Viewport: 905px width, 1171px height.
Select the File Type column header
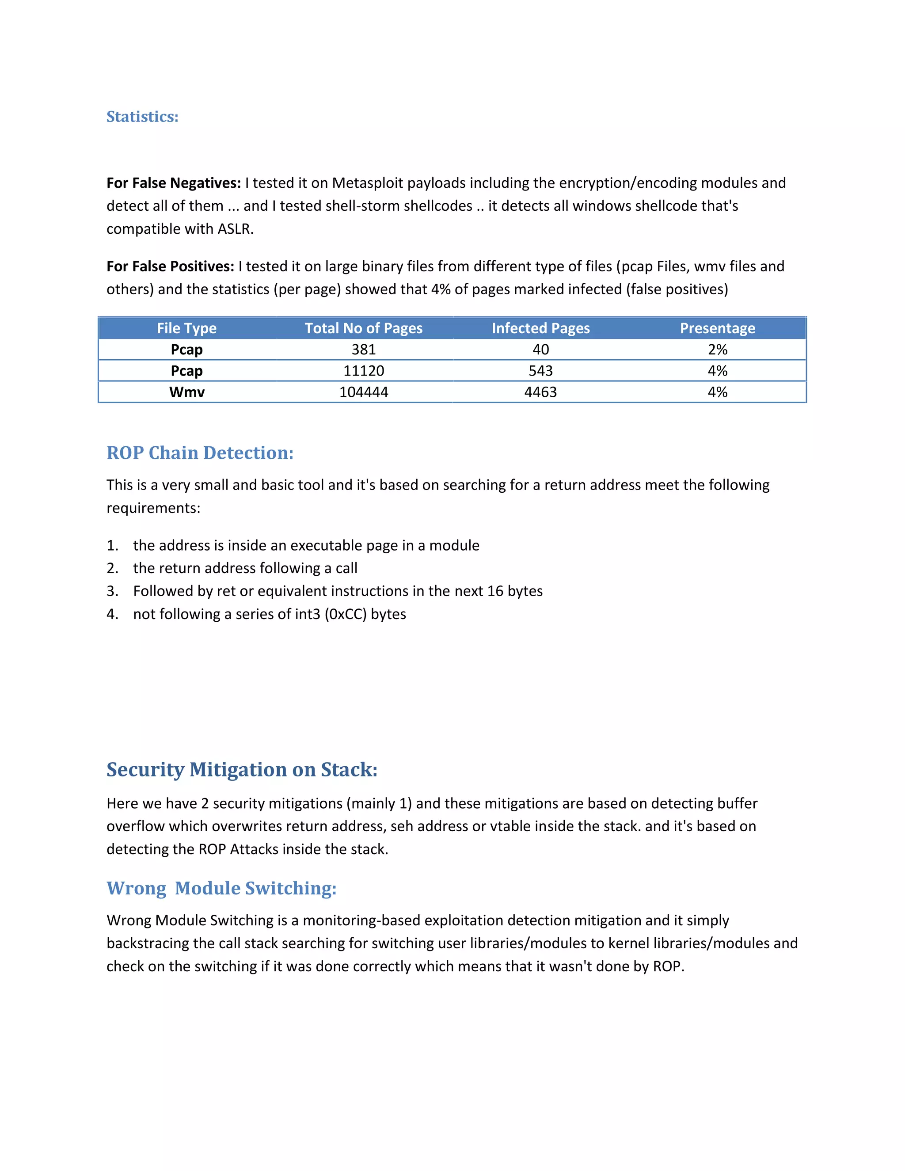tap(186, 328)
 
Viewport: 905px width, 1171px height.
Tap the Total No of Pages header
tap(364, 328)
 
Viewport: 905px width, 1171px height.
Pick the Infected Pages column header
tap(540, 328)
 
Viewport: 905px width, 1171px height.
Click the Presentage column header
tap(717, 328)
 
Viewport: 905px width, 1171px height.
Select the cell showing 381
tap(364, 350)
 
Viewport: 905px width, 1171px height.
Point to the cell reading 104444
tap(364, 392)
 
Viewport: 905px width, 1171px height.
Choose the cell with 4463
tap(540, 392)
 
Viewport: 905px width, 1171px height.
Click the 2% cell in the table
tap(717, 350)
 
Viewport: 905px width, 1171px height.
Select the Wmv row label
tap(186, 392)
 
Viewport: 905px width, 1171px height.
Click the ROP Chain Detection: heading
tap(200, 453)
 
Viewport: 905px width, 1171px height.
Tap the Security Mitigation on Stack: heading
tap(242, 769)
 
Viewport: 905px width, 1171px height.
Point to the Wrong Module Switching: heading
tap(221, 889)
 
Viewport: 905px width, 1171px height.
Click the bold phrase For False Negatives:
tap(174, 183)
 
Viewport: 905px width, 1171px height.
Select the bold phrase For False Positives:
tap(170, 266)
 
